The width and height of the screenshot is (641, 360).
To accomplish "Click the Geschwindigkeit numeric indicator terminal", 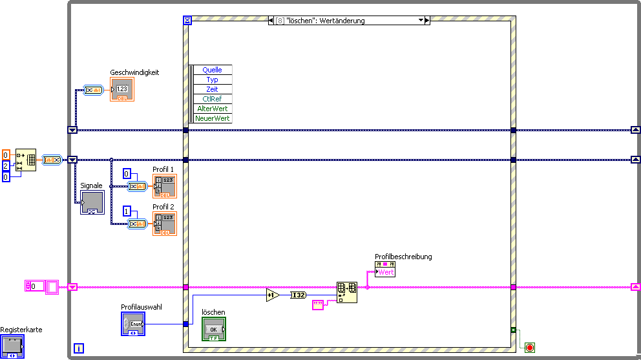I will click(122, 90).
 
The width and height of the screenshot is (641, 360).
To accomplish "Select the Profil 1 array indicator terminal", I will click(164, 185).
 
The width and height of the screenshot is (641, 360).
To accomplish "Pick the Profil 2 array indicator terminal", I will click(164, 224).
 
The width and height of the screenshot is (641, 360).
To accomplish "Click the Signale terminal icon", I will click(92, 202).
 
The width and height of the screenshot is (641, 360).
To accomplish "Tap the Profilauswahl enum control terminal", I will click(133, 323).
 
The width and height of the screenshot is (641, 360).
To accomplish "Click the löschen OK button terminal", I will click(214, 329).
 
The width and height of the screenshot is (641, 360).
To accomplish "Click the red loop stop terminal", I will click(531, 348).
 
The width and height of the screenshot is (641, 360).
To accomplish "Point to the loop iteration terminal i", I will click(79, 348).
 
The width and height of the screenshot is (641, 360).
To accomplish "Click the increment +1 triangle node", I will click(272, 295).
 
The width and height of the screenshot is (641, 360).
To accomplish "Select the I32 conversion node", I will click(298, 295).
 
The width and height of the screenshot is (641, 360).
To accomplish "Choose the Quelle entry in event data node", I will click(212, 70).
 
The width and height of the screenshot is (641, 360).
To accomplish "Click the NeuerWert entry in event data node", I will click(213, 118).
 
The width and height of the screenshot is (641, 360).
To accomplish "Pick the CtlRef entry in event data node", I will click(212, 99).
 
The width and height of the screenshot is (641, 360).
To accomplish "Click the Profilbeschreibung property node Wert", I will click(385, 272).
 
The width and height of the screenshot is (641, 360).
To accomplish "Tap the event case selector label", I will click(349, 21).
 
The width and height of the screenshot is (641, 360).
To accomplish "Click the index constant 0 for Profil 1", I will click(127, 173).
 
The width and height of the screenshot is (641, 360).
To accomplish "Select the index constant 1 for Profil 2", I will click(127, 211).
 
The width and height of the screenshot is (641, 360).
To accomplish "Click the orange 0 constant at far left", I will click(6, 155).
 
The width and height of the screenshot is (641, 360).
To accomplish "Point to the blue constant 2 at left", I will click(6, 166).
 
